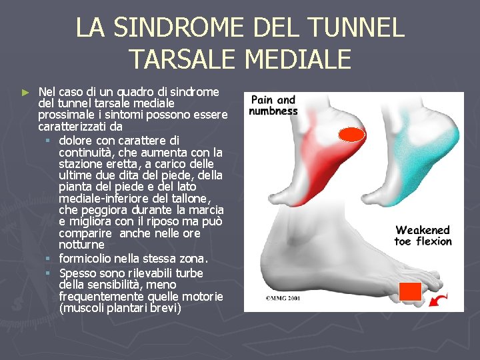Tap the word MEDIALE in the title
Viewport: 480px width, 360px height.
pyautogui.click(x=298, y=59)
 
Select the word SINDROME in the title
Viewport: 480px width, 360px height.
pyautogui.click(x=177, y=28)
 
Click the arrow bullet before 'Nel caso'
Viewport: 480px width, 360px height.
pyautogui.click(x=25, y=91)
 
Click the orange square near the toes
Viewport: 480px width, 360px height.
pyautogui.click(x=410, y=291)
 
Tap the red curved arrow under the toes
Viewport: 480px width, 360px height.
pyautogui.click(x=437, y=301)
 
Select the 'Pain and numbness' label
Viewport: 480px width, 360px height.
pyautogui.click(x=273, y=105)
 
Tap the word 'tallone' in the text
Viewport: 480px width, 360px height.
pyautogui.click(x=189, y=199)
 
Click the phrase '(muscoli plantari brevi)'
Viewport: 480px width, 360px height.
pyautogui.click(x=120, y=309)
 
